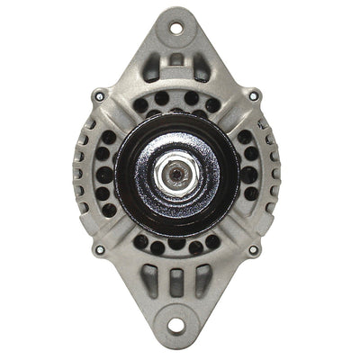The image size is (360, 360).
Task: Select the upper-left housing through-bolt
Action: coord(100,95)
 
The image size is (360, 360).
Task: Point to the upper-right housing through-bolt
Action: coord(253,96)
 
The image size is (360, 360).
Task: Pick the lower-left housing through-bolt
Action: coord(100,249)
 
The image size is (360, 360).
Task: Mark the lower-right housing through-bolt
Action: coord(253,249)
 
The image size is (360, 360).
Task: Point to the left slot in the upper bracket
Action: coord(152,66)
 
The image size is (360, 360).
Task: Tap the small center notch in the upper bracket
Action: coord(176,59)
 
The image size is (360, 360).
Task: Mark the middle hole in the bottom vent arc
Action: coord(176,245)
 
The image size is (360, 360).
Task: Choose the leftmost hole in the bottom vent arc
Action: coord(141,240)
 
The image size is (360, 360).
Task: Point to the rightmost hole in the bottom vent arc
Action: coord(212,240)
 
